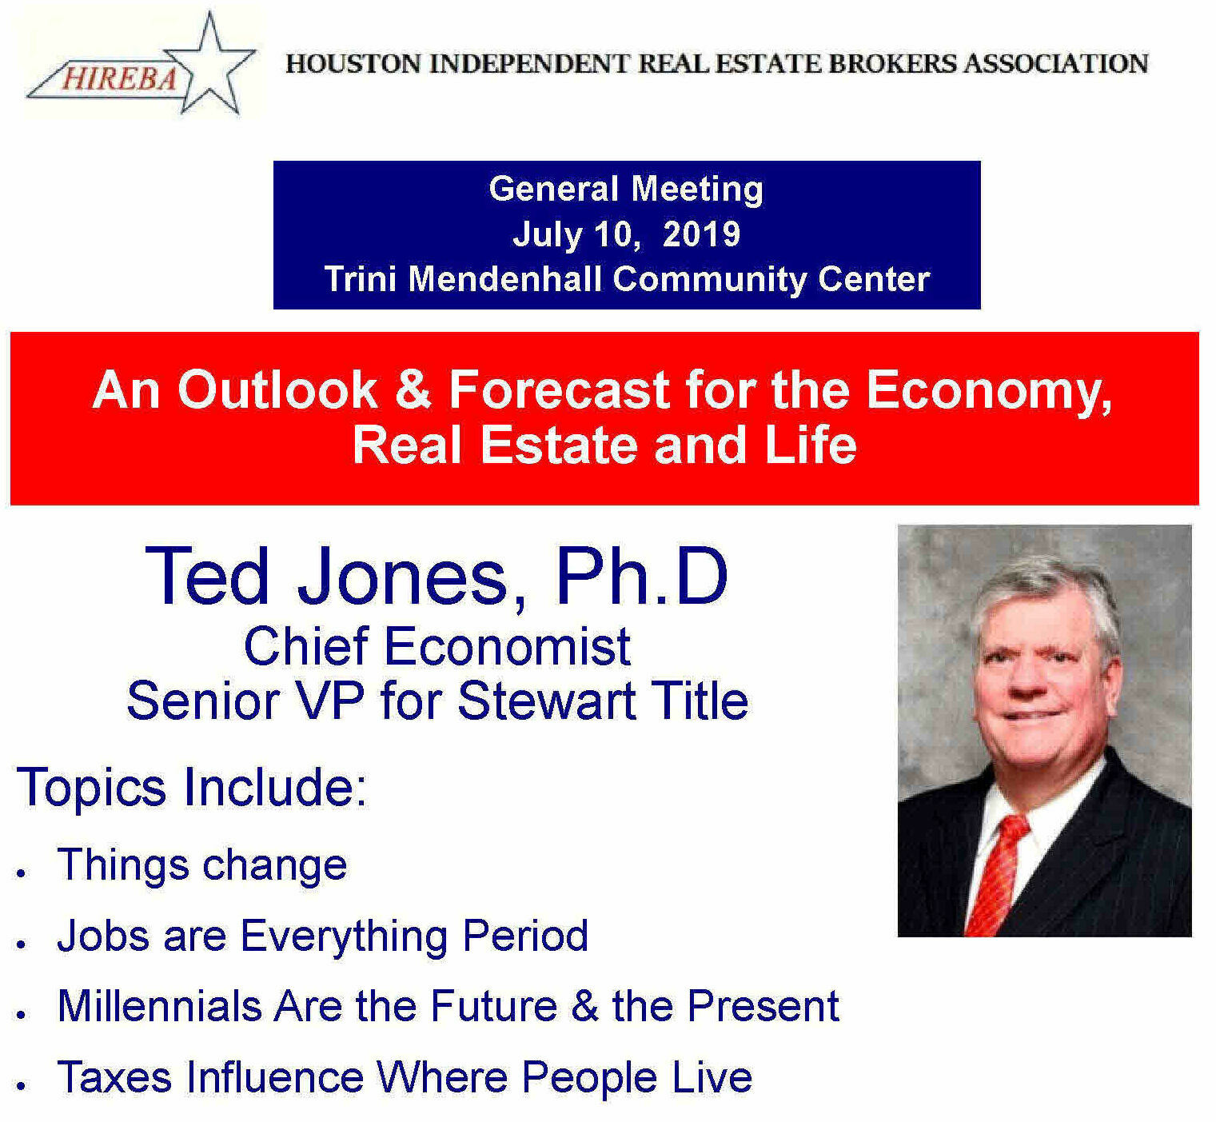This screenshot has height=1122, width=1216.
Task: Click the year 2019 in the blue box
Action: pos(701,234)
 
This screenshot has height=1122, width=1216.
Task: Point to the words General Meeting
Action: pos(626,190)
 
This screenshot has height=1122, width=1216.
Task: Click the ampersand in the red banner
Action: pos(413,389)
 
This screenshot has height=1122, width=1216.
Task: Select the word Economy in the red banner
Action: pos(988,391)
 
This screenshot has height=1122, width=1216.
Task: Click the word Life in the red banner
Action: pos(810,445)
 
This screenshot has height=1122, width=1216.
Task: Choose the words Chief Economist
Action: pos(437,646)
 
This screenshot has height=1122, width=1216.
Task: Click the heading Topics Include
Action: pos(192,787)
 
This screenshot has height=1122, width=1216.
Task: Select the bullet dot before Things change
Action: pos(22,873)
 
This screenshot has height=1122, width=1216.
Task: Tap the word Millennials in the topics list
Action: pos(159,1006)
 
